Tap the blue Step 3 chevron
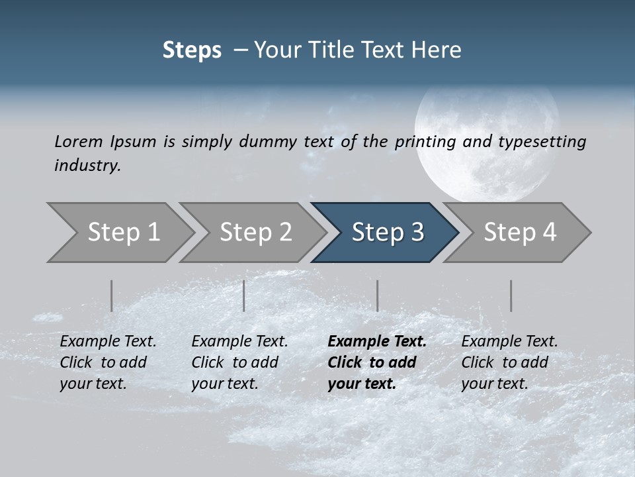click(x=388, y=233)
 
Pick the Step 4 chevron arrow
click(x=520, y=233)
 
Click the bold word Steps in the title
click(x=192, y=50)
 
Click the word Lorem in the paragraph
click(x=79, y=141)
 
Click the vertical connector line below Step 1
click(x=111, y=295)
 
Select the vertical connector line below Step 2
click(x=243, y=295)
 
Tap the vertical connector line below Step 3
click(x=377, y=295)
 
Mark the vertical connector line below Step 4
click(x=511, y=295)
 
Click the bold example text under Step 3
click(x=376, y=362)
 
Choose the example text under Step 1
click(x=107, y=362)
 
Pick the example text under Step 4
click(x=509, y=362)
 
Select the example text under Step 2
click(x=239, y=362)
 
